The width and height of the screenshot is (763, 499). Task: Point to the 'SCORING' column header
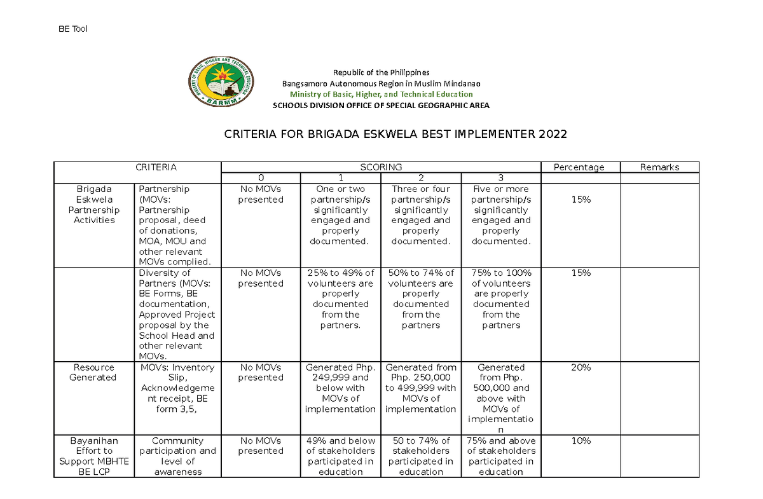point(381,167)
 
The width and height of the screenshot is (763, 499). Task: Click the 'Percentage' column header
point(579,167)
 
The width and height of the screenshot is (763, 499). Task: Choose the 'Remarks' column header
point(659,167)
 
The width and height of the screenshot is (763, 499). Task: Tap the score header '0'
point(261,178)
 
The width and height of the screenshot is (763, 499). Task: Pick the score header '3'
point(500,178)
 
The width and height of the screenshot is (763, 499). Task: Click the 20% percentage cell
point(581,367)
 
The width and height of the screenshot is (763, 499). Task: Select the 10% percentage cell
point(581,441)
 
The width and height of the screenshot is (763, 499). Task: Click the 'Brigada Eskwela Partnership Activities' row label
point(94,205)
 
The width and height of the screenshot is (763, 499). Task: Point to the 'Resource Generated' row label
point(94,373)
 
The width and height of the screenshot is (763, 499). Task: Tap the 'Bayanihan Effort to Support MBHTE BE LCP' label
point(94,456)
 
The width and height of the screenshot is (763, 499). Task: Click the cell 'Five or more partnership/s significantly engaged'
point(500,215)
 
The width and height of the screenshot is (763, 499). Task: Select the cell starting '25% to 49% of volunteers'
point(341,299)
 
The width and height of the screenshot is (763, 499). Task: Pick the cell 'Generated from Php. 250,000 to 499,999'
point(421,388)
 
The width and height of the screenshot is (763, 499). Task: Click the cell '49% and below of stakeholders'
point(341,456)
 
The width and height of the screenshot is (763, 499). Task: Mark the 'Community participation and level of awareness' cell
point(178,456)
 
